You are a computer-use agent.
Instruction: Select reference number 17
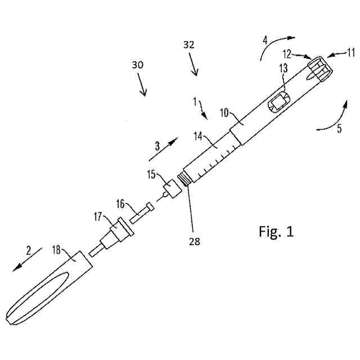tap(98, 215)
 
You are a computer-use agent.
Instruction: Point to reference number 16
tap(121, 203)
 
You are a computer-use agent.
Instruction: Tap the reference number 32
tap(189, 46)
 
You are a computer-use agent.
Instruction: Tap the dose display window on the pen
tap(278, 103)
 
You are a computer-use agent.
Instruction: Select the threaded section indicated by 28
tap(183, 179)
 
